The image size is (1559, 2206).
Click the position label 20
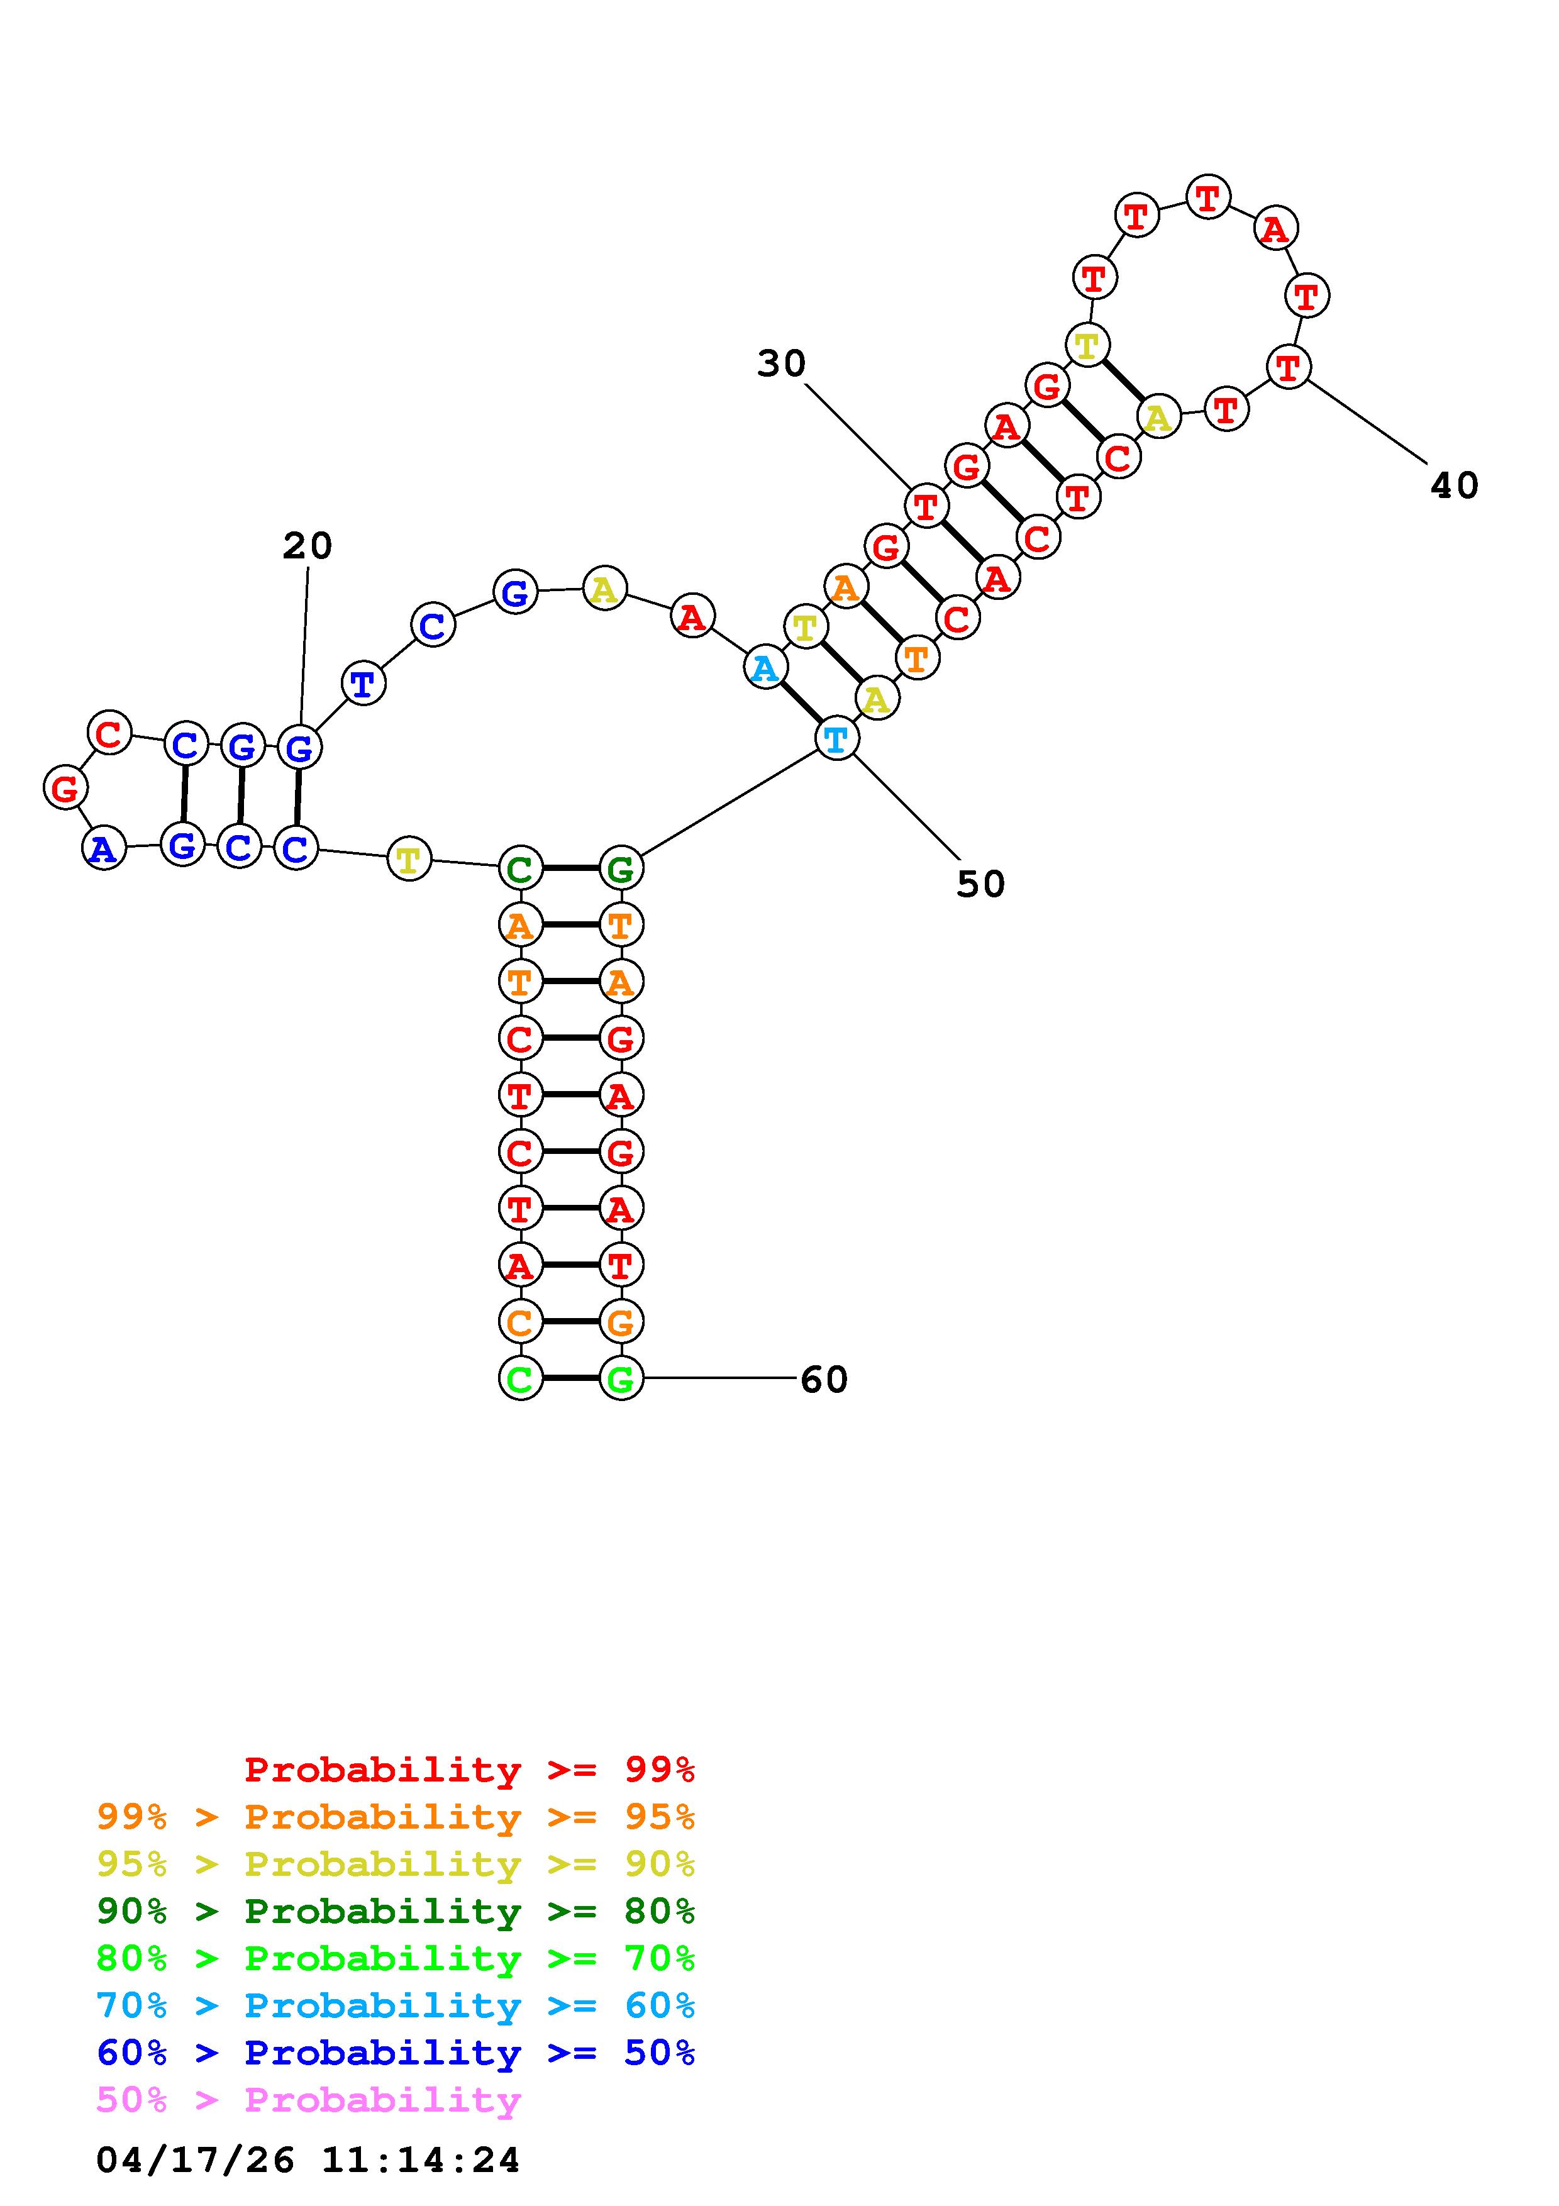(x=308, y=546)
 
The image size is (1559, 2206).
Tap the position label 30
(x=781, y=363)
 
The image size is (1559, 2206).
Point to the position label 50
(x=980, y=884)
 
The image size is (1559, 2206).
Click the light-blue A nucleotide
(x=765, y=668)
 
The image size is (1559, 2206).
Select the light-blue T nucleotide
(x=836, y=739)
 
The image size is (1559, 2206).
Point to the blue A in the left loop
(x=104, y=848)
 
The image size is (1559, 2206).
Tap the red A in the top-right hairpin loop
(x=1275, y=229)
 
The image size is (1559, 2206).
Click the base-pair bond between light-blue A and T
(x=800, y=703)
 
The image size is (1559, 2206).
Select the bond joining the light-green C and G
(x=570, y=1378)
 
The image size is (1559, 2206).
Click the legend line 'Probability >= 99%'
(x=470, y=1770)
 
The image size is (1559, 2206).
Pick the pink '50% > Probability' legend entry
(x=309, y=2100)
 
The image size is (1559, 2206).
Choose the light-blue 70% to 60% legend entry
(x=396, y=2006)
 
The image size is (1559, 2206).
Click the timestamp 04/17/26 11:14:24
(x=308, y=2161)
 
